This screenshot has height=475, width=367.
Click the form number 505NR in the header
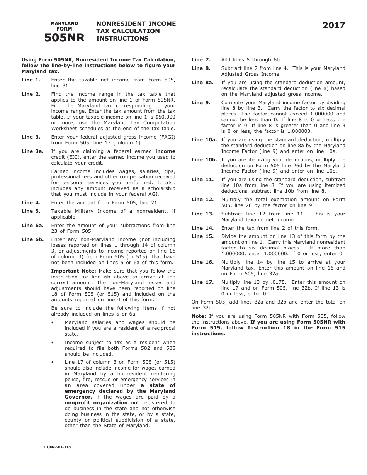click(64, 37)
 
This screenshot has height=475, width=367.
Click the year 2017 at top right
click(334, 25)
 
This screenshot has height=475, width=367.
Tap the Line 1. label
click(31, 80)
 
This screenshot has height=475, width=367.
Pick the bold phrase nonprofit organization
click(96, 403)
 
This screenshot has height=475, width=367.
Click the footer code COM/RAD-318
click(58, 447)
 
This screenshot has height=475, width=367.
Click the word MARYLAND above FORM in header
click(64, 24)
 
